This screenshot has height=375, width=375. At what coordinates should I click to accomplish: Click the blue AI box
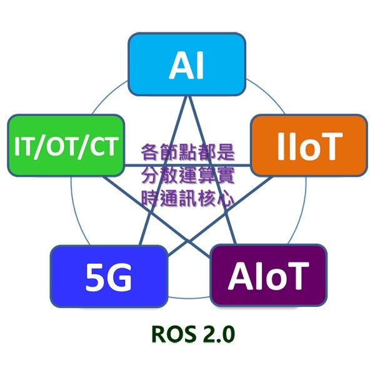point(186,64)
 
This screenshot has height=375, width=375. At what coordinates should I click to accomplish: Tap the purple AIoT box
point(269,275)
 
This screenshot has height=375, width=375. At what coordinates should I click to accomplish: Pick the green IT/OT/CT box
point(66,146)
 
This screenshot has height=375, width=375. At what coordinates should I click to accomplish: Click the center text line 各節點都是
point(187,152)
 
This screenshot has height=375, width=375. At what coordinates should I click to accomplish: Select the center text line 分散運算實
point(187,176)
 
